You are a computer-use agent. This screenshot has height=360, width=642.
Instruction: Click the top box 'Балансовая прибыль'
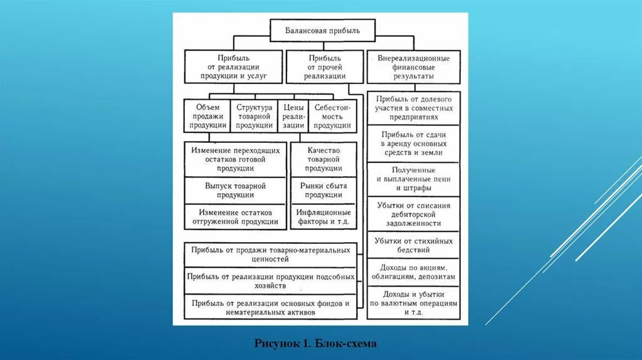pos(323,29)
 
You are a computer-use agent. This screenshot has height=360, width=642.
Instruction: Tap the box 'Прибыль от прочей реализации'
pos(325,66)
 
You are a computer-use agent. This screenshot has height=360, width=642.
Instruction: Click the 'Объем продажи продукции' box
pos(208,116)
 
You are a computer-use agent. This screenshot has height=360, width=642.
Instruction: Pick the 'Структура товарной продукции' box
pos(254,116)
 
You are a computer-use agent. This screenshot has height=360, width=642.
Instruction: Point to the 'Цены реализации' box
pos(293,116)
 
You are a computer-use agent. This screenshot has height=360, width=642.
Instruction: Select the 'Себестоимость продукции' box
pos(332,116)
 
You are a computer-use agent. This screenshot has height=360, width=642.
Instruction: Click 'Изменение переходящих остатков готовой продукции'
pos(236,159)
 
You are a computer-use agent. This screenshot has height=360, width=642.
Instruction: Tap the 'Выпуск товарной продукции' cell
pos(236,191)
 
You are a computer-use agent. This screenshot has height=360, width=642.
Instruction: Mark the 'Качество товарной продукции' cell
pos(324,159)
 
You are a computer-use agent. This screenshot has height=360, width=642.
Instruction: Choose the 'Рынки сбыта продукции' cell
pos(324,191)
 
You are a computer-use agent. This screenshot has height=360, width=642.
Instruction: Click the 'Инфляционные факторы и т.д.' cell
pos(324,217)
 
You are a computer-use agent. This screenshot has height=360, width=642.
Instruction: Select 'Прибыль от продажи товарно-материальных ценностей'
pos(271,254)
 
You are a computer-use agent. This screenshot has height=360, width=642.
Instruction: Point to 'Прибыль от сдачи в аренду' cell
pos(413,144)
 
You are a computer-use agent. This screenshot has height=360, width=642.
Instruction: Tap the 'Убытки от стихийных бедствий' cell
pos(413,245)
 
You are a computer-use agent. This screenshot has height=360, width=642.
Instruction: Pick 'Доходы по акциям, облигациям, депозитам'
pos(413,272)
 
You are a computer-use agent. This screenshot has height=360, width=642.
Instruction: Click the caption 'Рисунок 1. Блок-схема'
pos(315,344)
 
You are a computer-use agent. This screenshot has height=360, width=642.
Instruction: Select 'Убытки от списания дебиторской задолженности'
pos(413,214)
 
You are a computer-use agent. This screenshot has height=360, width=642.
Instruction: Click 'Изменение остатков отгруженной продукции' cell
pos(236,217)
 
